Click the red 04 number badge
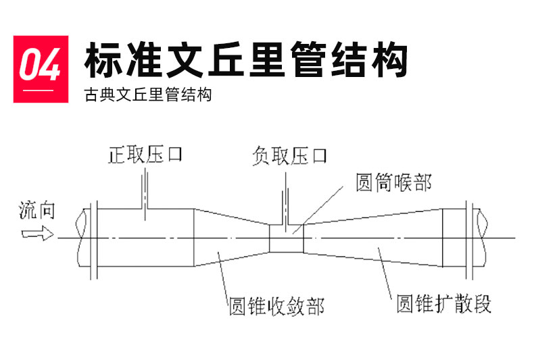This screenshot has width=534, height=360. (x=41, y=68)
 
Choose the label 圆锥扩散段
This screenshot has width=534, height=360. (x=443, y=303)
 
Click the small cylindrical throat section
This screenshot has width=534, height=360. (x=287, y=238)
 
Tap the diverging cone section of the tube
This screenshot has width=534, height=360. (x=372, y=238)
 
